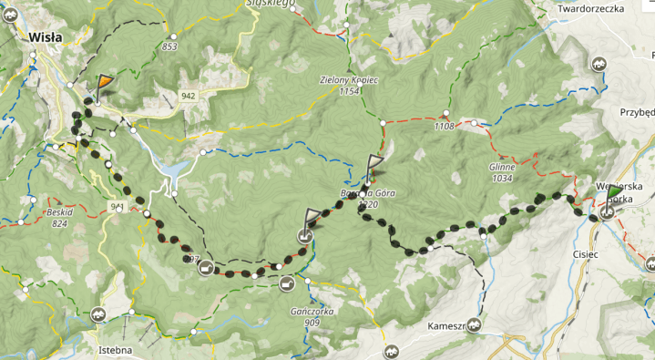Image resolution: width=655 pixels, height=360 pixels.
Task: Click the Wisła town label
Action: point(45,37)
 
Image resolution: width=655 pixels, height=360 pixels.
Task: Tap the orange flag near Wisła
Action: point(105,83)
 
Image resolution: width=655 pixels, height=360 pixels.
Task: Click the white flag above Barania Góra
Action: point(374,165)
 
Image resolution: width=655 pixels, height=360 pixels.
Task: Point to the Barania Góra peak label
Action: point(363,193)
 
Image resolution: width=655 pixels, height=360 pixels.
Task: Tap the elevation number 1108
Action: point(444,126)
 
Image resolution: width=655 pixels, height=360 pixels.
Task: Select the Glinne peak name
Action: point(501,168)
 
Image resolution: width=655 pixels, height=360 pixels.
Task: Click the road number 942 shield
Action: point(189,96)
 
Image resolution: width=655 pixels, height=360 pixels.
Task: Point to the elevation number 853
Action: point(169,46)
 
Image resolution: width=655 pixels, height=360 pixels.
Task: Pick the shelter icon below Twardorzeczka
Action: point(599,64)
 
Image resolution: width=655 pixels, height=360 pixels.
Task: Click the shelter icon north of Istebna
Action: point(99,314)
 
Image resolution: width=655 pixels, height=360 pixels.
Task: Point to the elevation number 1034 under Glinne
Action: point(502,179)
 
